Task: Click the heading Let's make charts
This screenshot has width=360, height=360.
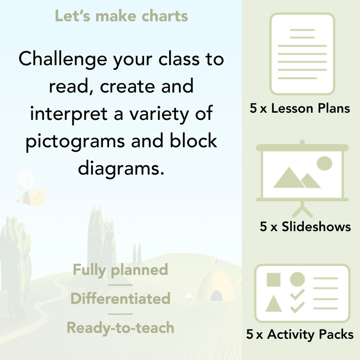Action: pos(121,16)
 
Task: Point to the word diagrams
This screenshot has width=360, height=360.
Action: pos(121,168)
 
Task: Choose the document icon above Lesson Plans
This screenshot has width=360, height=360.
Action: pos(302,54)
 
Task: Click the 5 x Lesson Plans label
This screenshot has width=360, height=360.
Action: pos(300,109)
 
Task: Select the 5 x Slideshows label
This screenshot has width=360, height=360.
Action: pos(305,227)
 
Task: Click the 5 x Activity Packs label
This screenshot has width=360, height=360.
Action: pos(300,335)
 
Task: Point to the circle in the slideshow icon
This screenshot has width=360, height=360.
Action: pos(324,164)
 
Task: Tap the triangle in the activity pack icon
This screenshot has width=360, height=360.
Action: pos(274,304)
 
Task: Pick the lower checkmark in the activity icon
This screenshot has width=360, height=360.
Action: pos(297,307)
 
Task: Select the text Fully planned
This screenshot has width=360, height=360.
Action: pos(120,270)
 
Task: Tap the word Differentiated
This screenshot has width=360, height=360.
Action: pos(120,299)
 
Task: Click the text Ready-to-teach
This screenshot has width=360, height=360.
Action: pos(120,328)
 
